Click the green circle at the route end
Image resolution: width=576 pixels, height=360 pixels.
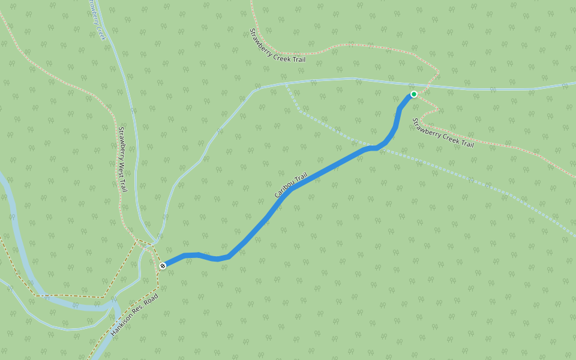point(414,94)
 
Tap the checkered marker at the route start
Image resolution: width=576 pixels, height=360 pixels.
point(163,265)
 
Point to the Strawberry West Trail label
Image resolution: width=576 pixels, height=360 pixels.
point(122,160)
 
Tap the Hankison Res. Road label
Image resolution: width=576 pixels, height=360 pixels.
point(134,314)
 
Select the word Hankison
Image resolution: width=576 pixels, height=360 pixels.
point(122,324)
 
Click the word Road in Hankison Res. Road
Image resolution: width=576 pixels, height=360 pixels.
point(152,300)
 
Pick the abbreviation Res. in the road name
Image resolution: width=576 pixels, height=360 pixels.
point(141,309)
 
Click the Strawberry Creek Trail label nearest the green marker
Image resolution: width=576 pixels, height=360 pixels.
point(442,133)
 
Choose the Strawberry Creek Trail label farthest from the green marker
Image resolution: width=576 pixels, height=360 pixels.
point(277,46)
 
